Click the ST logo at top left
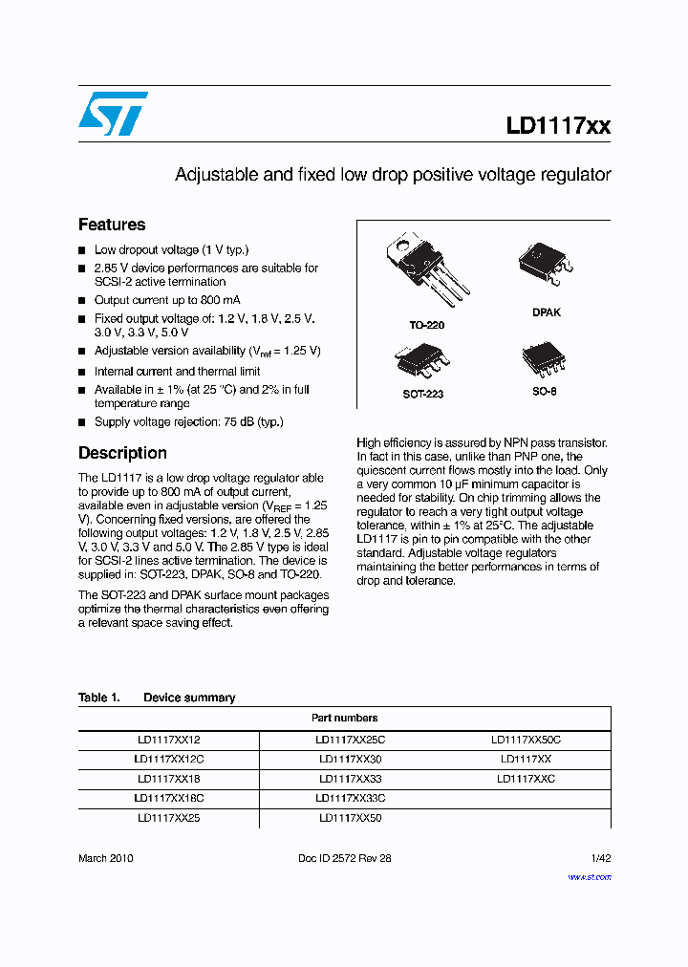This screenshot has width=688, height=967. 113,114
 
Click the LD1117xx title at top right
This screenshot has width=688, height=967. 558,125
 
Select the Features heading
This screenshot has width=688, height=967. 112,225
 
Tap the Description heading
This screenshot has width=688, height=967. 122,453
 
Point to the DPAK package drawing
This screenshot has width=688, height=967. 546,264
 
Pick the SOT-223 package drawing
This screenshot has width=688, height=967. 421,360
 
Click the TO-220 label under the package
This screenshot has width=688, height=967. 427,325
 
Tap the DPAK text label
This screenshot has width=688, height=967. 547,312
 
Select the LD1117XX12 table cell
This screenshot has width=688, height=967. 168,741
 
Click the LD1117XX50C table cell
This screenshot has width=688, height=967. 526,741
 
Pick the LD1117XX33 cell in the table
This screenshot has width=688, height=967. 349,779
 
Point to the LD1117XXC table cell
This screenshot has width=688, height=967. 526,779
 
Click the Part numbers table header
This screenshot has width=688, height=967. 344,718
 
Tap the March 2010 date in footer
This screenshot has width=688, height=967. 105,858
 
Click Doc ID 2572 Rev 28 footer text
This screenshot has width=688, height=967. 345,858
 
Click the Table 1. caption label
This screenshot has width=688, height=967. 98,698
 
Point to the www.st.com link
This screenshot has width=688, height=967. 590,876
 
